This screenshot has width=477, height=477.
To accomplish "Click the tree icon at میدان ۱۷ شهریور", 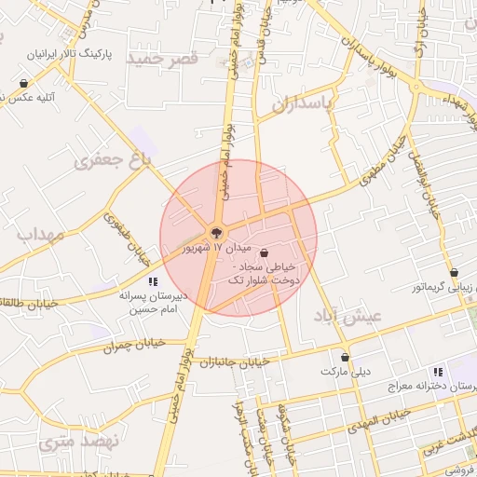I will (x=216, y=230).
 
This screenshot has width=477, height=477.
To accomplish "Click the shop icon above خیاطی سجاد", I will (x=265, y=252).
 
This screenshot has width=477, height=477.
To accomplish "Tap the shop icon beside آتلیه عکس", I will (x=23, y=84).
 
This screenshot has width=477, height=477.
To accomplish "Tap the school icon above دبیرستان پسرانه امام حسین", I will (x=152, y=280).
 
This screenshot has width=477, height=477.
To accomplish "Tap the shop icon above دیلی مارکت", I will (x=346, y=357).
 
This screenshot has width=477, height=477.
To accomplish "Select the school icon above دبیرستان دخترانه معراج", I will (x=462, y=372).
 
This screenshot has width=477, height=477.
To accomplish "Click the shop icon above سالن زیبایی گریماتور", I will (x=454, y=273).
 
